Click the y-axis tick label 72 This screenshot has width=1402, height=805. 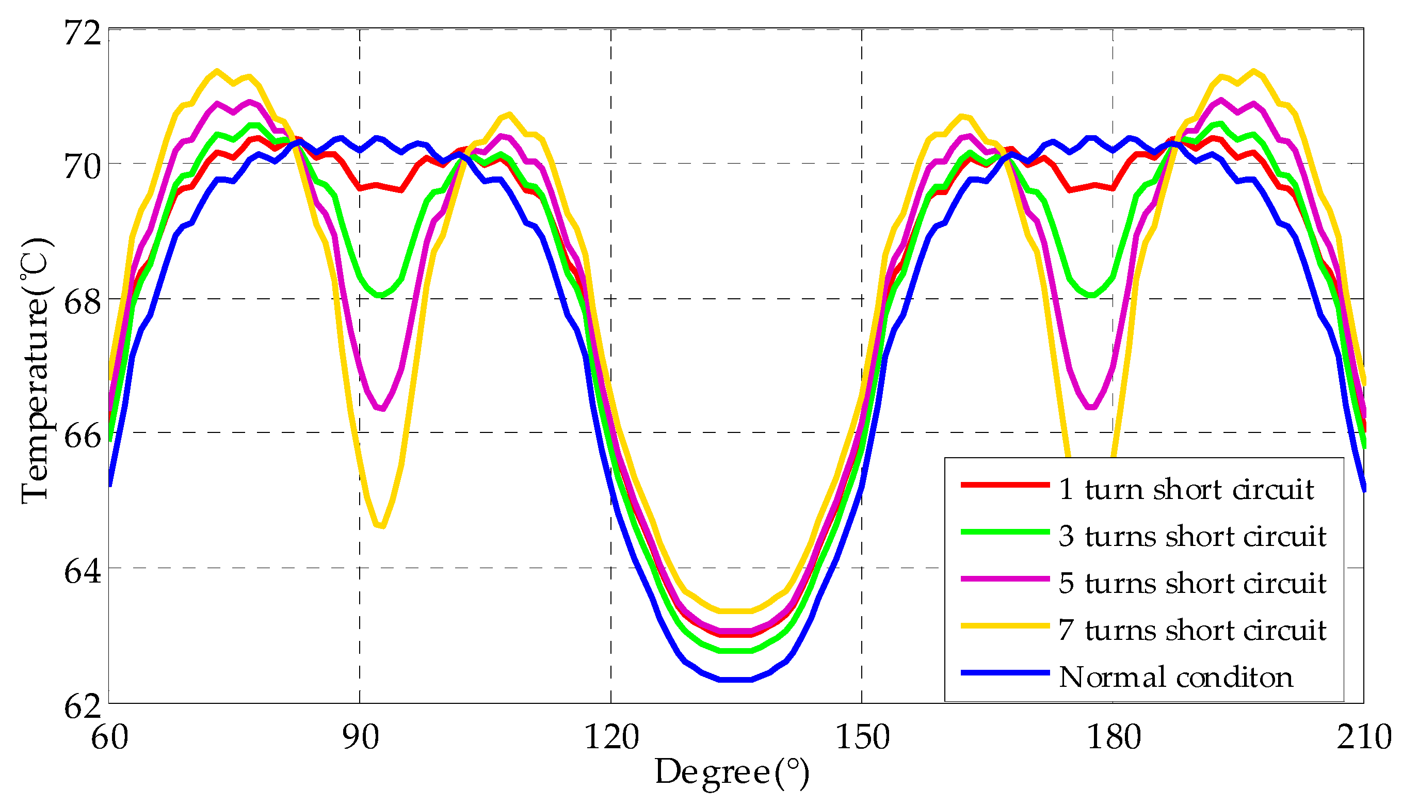83,32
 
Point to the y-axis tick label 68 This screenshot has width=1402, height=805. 83,302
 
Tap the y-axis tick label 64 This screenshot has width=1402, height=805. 83,571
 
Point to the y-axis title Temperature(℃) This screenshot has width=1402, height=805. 37,371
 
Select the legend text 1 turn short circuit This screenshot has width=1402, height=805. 1186,490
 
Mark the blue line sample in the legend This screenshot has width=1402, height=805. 1005,673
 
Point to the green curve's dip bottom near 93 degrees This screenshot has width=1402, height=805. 380,296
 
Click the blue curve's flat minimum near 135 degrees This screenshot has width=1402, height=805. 735,680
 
